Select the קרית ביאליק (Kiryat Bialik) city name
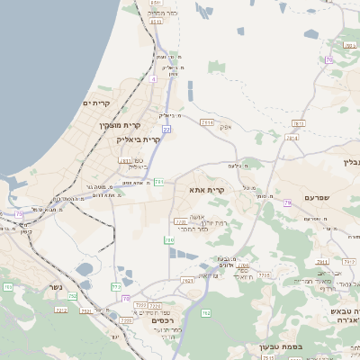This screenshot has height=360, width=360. [139, 139]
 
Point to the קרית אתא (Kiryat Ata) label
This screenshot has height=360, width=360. [206, 190]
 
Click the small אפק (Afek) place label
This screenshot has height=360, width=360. [226, 127]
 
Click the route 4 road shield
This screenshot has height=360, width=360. [153, 78]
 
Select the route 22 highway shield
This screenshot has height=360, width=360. [166, 130]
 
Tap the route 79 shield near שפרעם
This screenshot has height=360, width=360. [287, 203]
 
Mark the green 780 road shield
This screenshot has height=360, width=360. [169, 240]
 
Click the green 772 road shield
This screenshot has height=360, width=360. [115, 287]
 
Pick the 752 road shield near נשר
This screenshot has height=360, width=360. [72, 295]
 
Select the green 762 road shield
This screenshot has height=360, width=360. [205, 312]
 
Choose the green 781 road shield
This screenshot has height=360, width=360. [158, 183]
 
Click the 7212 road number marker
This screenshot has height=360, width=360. [60, 309]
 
